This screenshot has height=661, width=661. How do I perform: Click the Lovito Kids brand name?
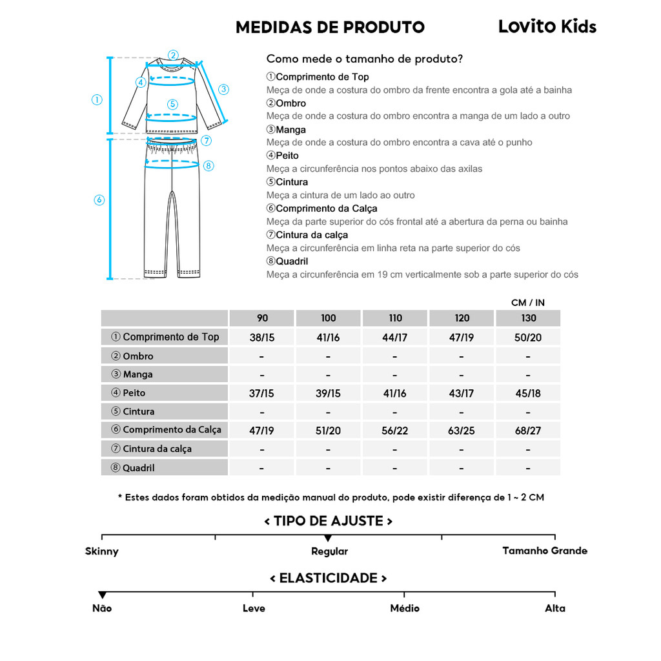pos(547,26)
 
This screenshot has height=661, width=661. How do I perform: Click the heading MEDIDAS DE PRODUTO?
pos(330,27)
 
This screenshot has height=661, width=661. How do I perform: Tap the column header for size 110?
pos(395,318)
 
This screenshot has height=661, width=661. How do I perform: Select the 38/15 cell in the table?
pos(262,337)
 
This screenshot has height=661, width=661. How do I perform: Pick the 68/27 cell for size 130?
pos(528,430)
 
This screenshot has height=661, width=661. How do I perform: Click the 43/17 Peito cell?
pos(462,393)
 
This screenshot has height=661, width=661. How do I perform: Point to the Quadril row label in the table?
pos(138,467)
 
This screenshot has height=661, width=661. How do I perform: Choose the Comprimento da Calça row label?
pos(171,430)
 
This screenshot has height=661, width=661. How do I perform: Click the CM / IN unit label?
pos(528,302)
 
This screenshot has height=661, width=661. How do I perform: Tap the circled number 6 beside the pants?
pos(99,200)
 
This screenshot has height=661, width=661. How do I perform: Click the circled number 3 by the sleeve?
pos(223,89)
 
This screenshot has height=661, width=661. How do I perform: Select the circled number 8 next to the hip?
pos(208,166)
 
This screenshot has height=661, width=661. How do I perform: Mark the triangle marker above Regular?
pos(328,538)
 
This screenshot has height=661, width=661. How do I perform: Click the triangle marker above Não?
pos(102,595)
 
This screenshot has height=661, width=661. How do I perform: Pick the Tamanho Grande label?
pos(545,551)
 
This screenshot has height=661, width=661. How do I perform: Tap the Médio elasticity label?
pos(405,608)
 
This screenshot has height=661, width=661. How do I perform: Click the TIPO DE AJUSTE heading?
pos(329,521)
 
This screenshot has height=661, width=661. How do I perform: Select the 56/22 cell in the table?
pos(395,430)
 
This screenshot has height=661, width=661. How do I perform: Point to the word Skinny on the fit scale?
pos(102,551)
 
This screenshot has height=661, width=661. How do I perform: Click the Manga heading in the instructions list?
pos(290,130)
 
